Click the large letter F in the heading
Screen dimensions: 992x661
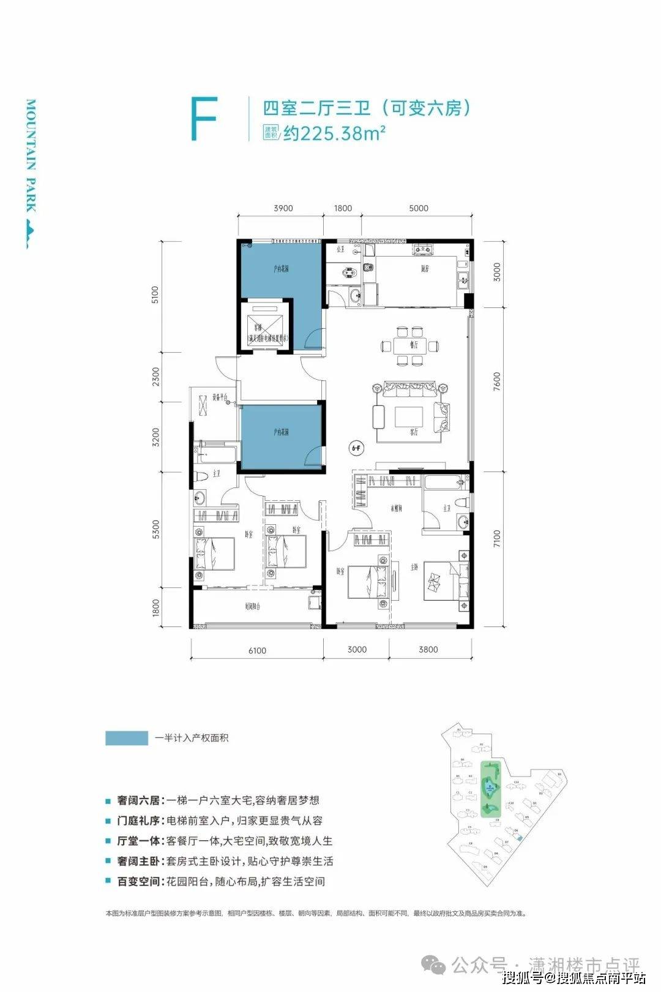204,119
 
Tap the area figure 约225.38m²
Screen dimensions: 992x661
333,133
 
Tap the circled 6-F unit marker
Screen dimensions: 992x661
356,448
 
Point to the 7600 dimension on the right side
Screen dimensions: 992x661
496,383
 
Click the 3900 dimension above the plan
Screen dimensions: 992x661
282,208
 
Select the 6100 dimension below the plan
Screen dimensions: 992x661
257,650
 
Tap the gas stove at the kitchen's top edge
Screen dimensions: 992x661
422,249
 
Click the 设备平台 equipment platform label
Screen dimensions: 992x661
219,397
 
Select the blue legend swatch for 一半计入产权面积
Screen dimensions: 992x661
127,738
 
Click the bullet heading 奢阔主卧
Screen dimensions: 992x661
139,861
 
